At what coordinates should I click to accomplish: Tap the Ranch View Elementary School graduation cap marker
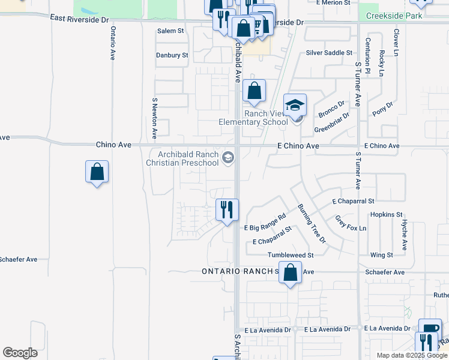click(295, 106)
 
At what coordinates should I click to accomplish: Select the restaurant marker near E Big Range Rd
click(228, 210)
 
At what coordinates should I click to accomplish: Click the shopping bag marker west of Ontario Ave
click(97, 172)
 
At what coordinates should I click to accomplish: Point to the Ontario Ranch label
click(238, 271)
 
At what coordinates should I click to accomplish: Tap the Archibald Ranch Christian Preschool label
click(183, 158)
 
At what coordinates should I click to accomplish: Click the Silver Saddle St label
click(329, 53)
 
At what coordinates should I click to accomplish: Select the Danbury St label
click(172, 55)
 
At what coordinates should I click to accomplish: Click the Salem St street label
click(170, 31)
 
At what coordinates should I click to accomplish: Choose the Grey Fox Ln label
click(351, 224)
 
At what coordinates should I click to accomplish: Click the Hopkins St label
click(386, 214)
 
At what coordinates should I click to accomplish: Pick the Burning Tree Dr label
click(312, 223)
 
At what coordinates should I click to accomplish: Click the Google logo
click(20, 353)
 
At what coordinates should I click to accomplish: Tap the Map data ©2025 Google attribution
click(411, 355)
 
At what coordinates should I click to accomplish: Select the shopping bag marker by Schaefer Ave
click(291, 273)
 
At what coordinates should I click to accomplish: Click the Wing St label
click(381, 255)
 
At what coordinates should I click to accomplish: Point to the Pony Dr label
click(382, 109)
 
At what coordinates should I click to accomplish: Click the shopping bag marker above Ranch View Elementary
click(255, 92)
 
